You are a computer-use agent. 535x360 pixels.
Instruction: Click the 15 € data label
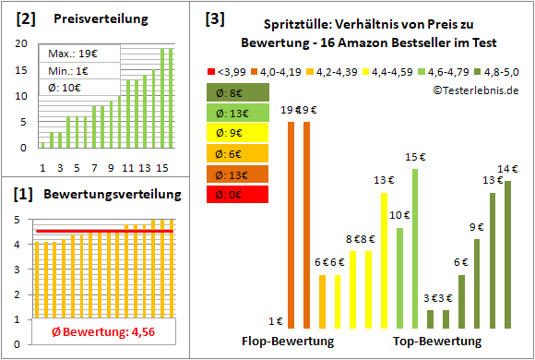[x=416, y=158]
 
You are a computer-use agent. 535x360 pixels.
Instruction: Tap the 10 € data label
[x=399, y=216]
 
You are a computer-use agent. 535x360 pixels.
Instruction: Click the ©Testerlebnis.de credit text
[x=475, y=90]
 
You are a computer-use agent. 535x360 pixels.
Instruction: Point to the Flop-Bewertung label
[x=287, y=342]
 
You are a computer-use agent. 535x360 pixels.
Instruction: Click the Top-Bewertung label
[x=437, y=342]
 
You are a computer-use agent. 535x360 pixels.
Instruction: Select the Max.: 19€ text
[x=68, y=55]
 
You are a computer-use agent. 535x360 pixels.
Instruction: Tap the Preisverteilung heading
[x=99, y=19]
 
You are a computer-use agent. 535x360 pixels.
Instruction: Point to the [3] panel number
[x=214, y=18]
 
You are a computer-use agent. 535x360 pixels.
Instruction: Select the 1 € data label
[x=275, y=321]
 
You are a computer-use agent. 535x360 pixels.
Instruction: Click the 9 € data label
[x=477, y=227]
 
